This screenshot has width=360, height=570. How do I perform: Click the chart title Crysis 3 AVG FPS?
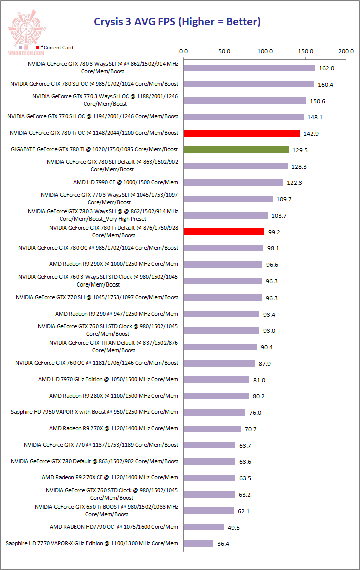(177, 22)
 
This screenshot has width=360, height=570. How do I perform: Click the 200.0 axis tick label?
(346, 51)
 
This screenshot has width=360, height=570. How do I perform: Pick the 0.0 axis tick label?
(184, 51)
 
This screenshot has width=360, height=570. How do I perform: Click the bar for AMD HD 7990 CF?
(233, 182)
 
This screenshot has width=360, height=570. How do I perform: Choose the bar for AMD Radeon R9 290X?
(223, 264)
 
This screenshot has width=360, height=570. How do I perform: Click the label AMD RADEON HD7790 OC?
(114, 527)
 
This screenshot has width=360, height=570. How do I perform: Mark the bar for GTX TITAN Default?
(220, 347)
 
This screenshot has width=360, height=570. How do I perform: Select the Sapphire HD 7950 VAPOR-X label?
(94, 412)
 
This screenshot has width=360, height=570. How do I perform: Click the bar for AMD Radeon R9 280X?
(216, 396)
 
